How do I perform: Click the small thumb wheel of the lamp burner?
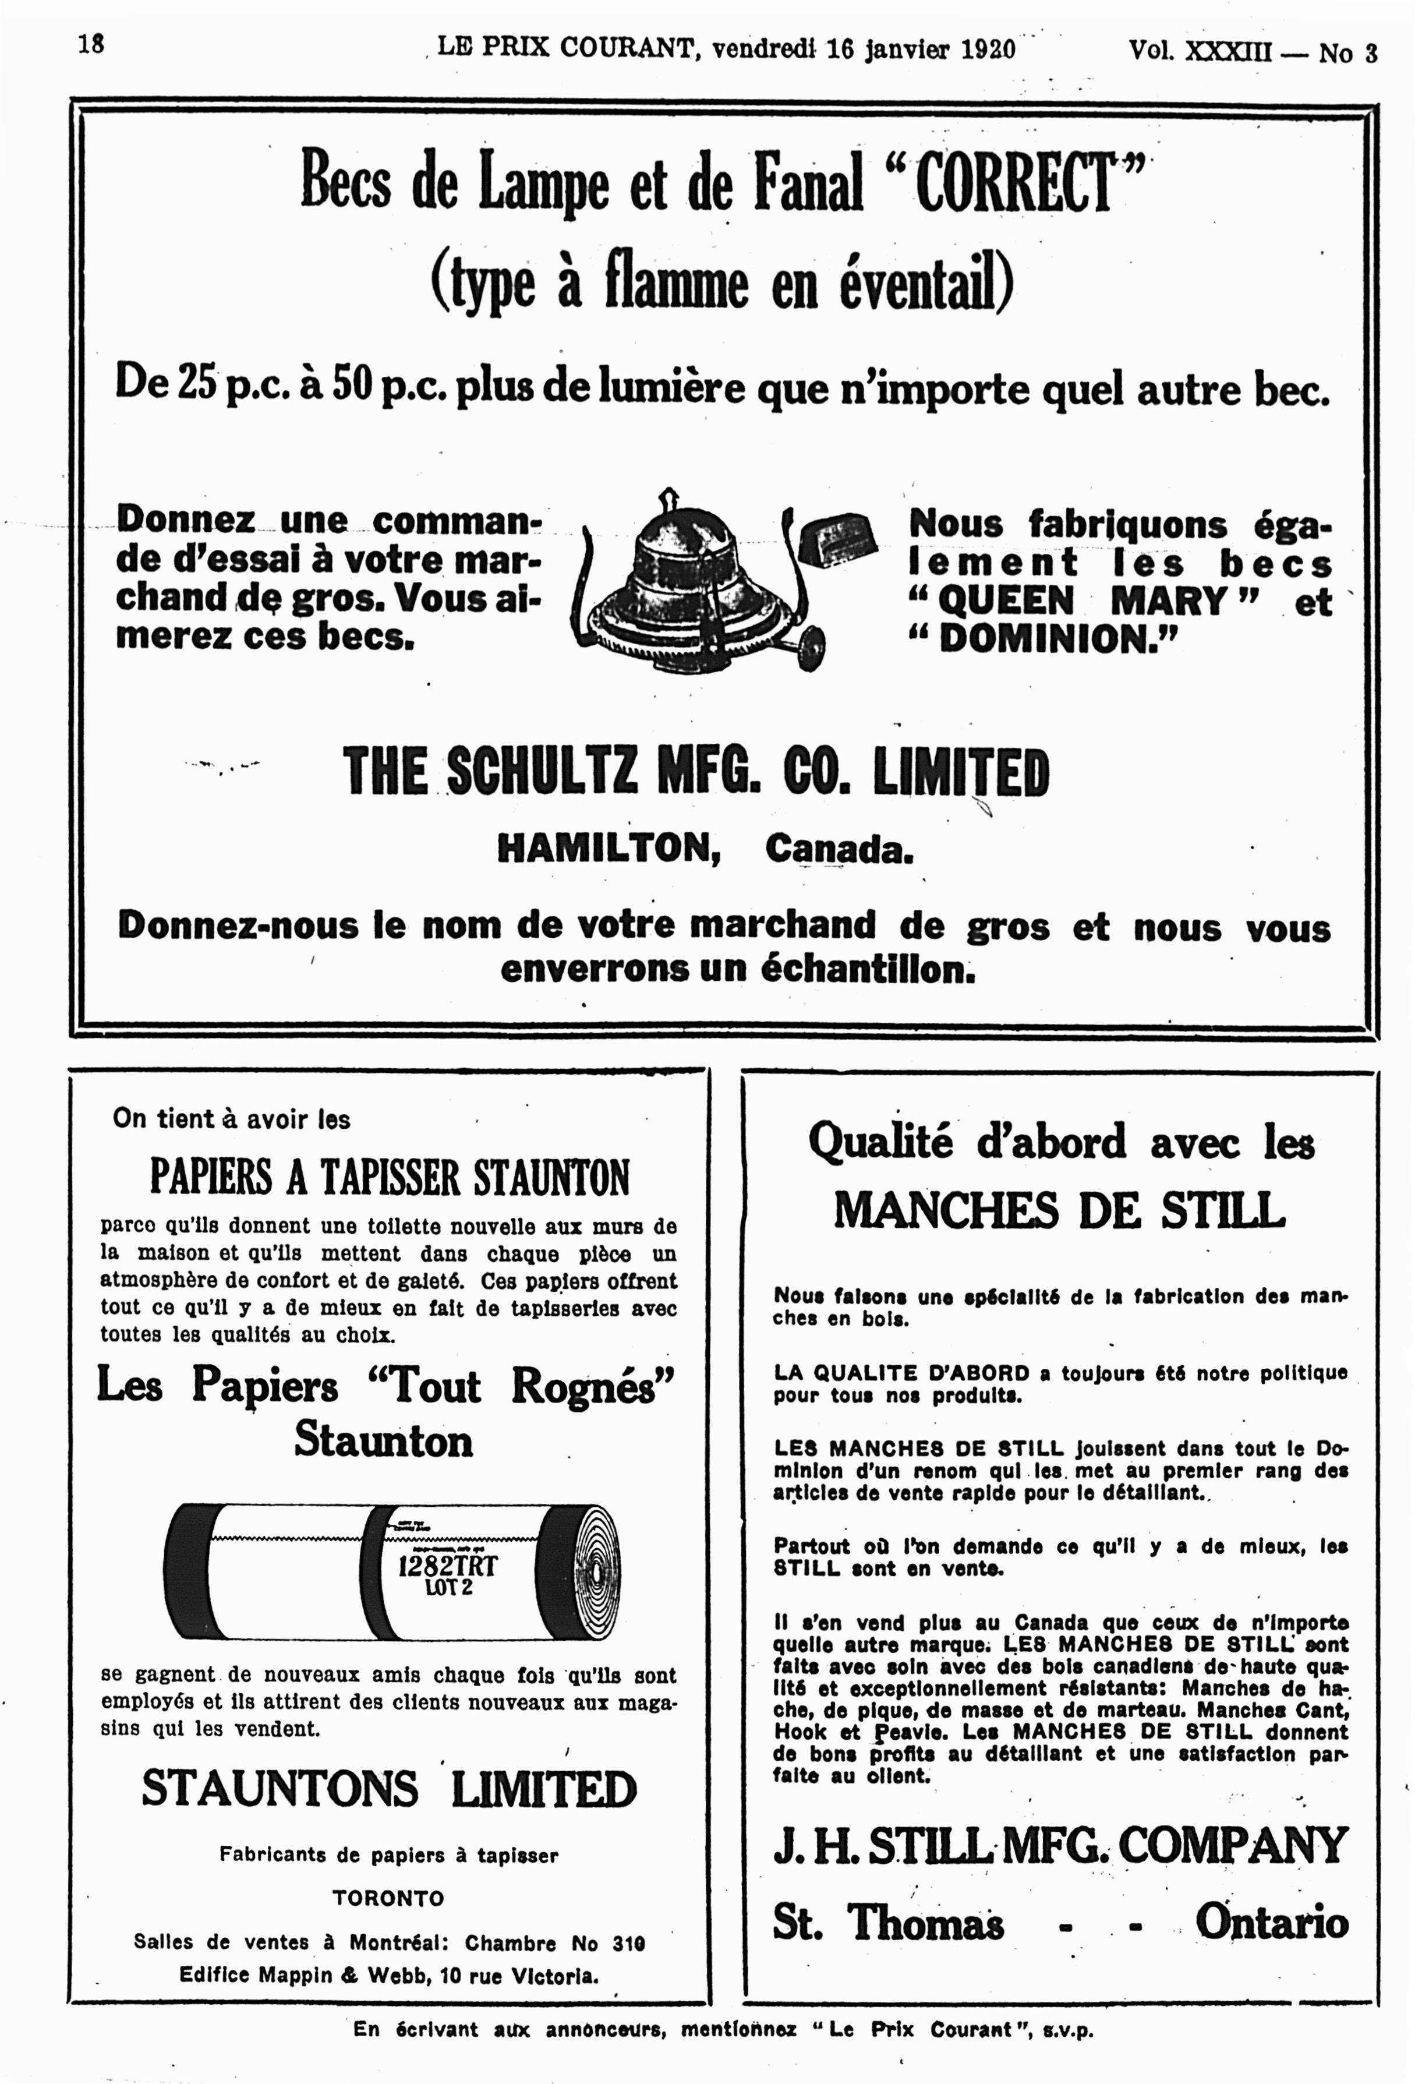point(811,644)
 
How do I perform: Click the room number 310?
point(628,1942)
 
